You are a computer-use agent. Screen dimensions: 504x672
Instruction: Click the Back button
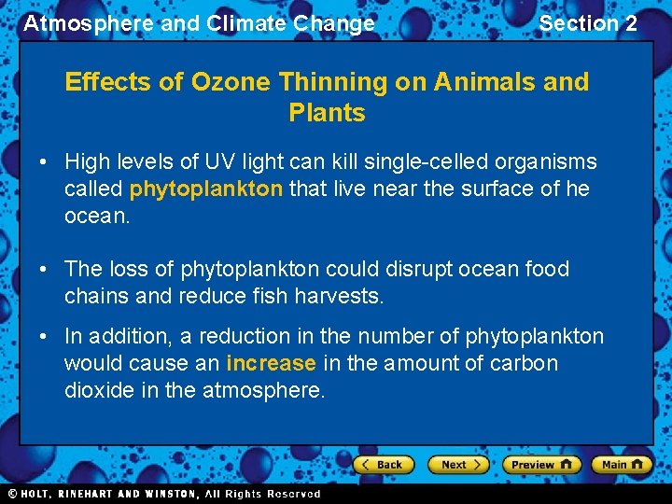[383, 464]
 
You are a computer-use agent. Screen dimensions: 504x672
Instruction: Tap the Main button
[623, 464]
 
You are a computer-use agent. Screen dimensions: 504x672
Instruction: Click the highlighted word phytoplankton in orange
[205, 189]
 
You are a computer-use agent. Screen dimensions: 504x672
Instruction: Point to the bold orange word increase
[271, 363]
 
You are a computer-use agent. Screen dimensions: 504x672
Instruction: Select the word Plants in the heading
[327, 113]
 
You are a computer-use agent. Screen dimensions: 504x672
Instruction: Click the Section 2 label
[588, 23]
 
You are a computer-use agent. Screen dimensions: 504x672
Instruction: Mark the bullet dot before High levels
[44, 162]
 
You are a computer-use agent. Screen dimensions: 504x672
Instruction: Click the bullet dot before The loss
[44, 270]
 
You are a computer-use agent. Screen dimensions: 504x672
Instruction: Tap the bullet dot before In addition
[44, 337]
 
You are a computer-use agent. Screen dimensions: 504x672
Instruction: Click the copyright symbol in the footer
[13, 494]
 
